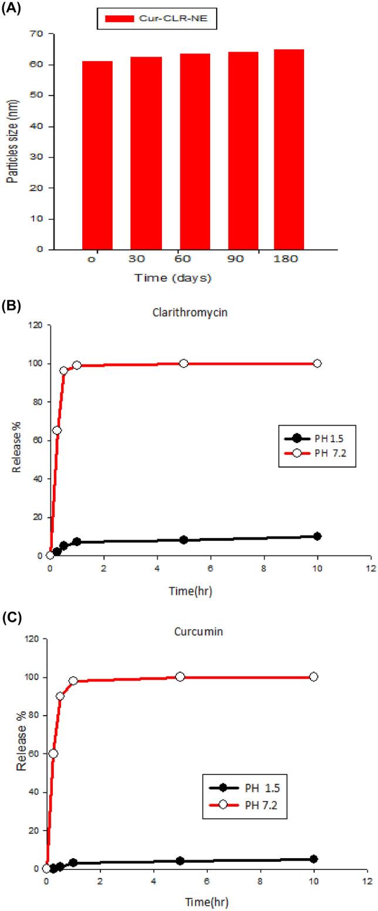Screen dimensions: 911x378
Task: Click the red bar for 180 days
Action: point(289,149)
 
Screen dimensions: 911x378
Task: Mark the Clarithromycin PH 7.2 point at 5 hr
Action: point(184,363)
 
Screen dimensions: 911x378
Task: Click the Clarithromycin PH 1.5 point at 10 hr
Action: point(318,536)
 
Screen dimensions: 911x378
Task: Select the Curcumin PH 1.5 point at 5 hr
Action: point(180,844)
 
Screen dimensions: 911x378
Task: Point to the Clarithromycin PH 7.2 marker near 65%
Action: point(57,431)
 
